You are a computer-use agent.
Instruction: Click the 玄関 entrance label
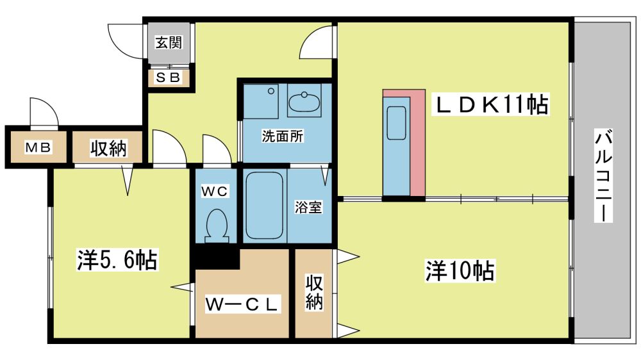pyautogui.click(x=169, y=42)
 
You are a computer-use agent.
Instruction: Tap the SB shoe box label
pyautogui.click(x=169, y=78)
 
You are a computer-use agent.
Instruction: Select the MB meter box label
pyautogui.click(x=38, y=147)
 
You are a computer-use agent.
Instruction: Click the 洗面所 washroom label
pyautogui.click(x=283, y=136)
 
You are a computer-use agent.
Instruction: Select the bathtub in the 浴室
pyautogui.click(x=265, y=205)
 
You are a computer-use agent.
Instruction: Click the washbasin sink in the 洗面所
pyautogui.click(x=304, y=101)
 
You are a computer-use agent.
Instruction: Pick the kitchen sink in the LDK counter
pyautogui.click(x=396, y=122)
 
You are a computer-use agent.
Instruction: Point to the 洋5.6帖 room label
pyautogui.click(x=117, y=260)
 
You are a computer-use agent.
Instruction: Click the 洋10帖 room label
pyautogui.click(x=460, y=270)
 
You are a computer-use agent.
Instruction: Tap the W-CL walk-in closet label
pyautogui.click(x=242, y=304)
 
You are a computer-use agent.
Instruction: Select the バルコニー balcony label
pyautogui.click(x=603, y=176)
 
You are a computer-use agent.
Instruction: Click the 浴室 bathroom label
pyautogui.click(x=308, y=208)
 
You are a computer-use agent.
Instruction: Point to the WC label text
pyautogui.click(x=215, y=191)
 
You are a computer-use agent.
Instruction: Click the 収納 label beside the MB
pyautogui.click(x=108, y=148)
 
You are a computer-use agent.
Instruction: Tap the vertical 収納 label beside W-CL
pyautogui.click(x=314, y=293)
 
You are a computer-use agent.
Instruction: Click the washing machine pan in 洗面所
pyautogui.click(x=261, y=101)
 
